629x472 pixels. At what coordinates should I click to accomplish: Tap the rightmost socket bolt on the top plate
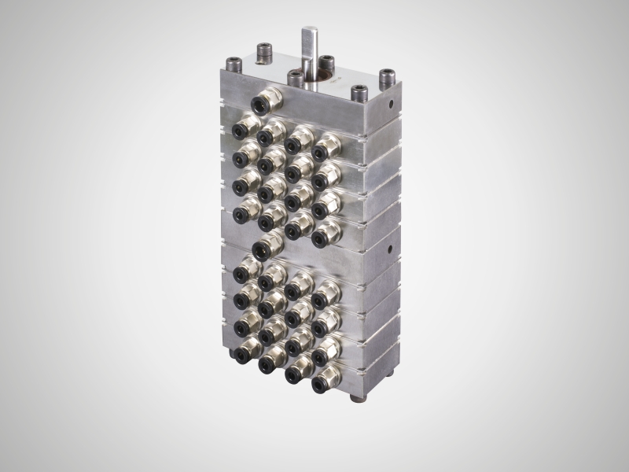[386, 79]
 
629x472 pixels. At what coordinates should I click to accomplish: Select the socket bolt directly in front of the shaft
[296, 79]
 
